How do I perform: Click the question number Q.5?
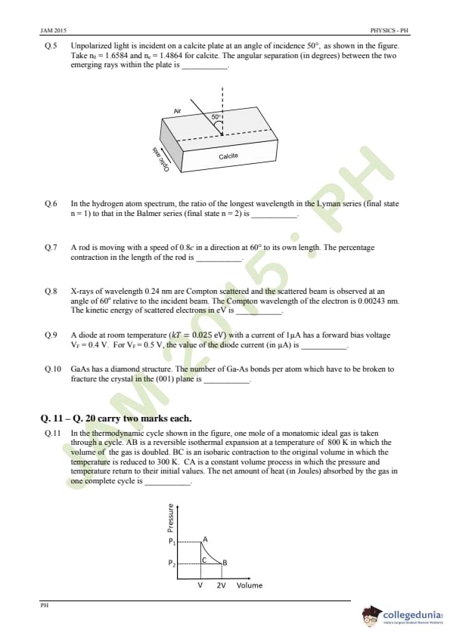click(51, 46)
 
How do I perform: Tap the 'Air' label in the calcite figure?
click(178, 111)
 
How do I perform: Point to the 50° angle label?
click(216, 117)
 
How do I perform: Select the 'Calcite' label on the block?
click(228, 156)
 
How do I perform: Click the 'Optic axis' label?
click(160, 159)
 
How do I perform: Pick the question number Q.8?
click(51, 292)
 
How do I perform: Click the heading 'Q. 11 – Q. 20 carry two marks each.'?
click(116, 418)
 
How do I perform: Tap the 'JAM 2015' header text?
click(53, 30)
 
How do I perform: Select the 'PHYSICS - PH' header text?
click(389, 30)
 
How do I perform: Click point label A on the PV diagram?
click(205, 539)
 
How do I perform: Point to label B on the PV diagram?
click(225, 563)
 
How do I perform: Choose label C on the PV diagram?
click(204, 560)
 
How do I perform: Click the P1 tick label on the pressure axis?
click(172, 541)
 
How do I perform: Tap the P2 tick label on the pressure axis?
click(172, 563)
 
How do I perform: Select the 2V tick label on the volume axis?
click(221, 585)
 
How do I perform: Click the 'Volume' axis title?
click(250, 585)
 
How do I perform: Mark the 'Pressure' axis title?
click(171, 517)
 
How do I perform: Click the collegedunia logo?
click(403, 616)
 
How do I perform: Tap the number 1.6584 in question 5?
click(113, 56)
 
